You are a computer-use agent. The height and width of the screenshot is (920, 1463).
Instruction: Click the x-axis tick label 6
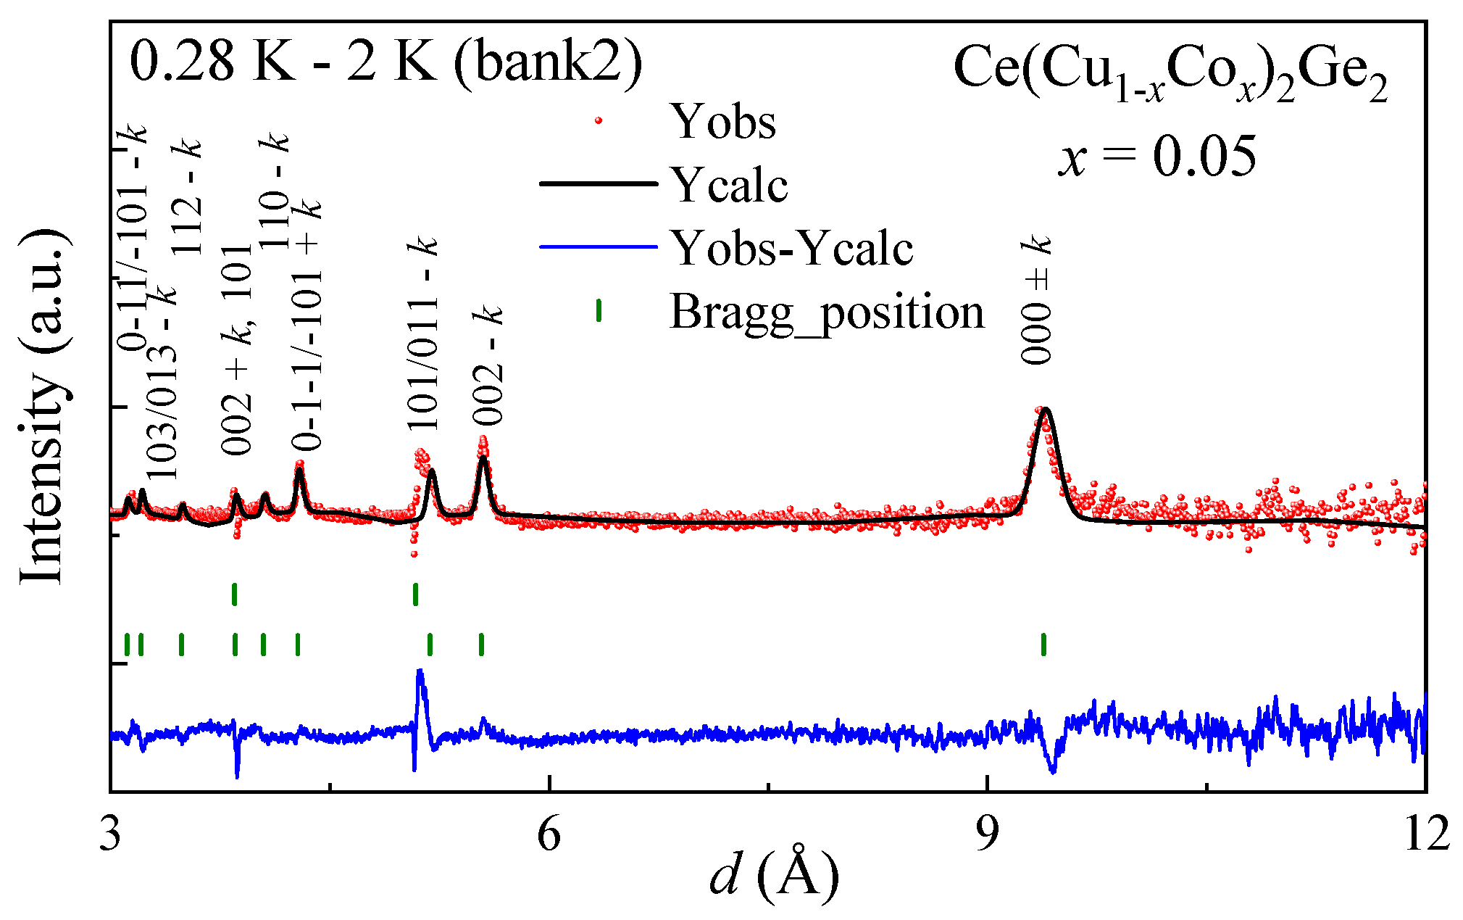click(x=549, y=835)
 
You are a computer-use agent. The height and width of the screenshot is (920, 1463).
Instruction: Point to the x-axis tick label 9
click(x=986, y=835)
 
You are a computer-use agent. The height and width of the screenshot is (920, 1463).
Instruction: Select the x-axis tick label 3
click(x=110, y=835)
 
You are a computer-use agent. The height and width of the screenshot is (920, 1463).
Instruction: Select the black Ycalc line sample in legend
click(x=598, y=184)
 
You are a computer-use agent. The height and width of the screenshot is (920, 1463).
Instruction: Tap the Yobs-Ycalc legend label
click(x=791, y=248)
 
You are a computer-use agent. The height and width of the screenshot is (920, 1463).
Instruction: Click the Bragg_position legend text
click(x=827, y=312)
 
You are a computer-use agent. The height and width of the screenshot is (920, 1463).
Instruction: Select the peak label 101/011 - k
click(x=423, y=333)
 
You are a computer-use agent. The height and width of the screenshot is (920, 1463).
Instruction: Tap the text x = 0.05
click(x=1157, y=156)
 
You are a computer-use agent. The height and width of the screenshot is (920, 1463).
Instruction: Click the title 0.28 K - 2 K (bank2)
click(x=385, y=61)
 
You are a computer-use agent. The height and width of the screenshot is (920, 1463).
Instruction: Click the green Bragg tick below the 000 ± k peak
click(x=1043, y=644)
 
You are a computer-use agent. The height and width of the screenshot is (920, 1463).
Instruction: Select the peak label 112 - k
click(x=188, y=196)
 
